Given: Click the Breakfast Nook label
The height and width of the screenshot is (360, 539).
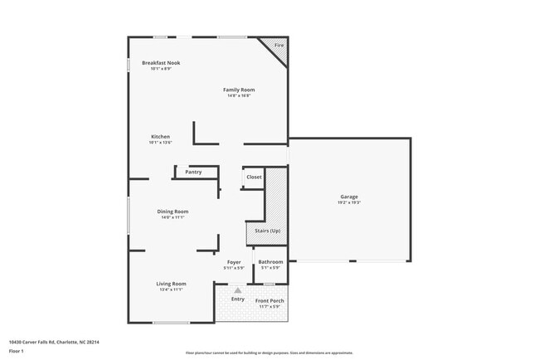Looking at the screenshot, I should [x=161, y=63].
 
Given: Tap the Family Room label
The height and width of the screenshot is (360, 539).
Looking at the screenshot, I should [x=239, y=90].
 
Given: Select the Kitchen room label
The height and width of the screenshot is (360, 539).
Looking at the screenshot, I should [x=160, y=137].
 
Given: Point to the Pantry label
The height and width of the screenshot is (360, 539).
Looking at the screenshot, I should [x=193, y=173].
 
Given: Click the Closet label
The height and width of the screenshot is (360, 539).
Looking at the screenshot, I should [x=254, y=177].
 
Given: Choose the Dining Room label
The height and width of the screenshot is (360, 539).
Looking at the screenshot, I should [x=173, y=212].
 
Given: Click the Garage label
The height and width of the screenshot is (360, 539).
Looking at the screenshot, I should [x=348, y=197].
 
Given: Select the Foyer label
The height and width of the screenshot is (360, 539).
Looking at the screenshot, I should [x=234, y=262].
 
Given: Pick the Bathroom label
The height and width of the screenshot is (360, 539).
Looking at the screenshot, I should [x=270, y=262].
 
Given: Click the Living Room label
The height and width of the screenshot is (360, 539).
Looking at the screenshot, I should [x=172, y=284].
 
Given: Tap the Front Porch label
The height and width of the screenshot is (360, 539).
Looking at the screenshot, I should [x=269, y=301].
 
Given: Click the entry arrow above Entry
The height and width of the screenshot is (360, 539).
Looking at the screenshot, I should [x=238, y=290].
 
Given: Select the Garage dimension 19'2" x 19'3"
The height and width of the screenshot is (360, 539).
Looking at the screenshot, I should [x=348, y=202].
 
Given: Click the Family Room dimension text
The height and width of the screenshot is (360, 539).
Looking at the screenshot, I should [x=239, y=95].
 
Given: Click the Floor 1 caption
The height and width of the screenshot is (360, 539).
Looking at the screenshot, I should [x=17, y=352].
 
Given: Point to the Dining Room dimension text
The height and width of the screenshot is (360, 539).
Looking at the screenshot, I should [x=173, y=217].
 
